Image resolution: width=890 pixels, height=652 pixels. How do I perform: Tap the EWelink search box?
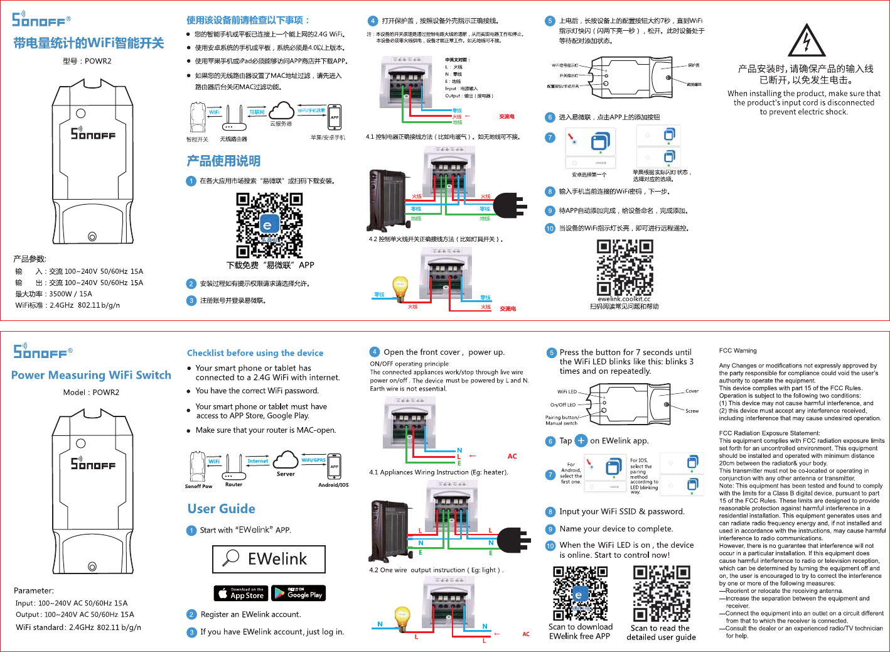pos(269,559)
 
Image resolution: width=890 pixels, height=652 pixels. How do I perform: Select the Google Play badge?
pos(298,593)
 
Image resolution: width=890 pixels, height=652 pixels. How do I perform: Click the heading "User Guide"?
pos(222,509)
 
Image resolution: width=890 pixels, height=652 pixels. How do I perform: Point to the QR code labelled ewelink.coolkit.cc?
pos(624,268)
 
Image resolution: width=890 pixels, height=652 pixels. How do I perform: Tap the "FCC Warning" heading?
pos(737,350)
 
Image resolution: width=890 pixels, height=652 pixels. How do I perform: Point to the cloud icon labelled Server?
pos(286,459)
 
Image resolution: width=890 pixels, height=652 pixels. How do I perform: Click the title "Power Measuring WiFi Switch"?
pos(91,375)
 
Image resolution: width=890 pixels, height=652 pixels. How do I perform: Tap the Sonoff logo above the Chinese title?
pos(41,19)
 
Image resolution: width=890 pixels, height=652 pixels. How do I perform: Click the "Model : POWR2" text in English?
pos(91,393)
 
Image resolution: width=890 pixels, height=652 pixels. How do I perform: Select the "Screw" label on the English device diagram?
pos(692,411)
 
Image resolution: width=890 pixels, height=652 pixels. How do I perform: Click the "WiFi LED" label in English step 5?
pos(567,392)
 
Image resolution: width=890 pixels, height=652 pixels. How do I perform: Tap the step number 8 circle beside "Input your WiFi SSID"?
pos(550,512)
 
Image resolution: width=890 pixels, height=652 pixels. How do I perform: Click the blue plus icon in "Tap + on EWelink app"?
pos(581,441)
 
